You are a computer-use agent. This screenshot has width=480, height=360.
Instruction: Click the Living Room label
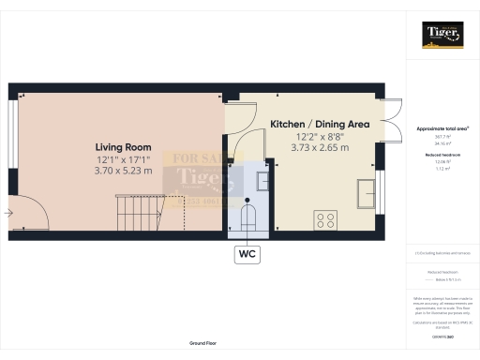pos(123,146)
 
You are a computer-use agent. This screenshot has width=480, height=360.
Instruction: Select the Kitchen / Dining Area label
pos(320,124)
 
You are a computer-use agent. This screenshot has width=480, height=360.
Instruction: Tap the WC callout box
pos(247,254)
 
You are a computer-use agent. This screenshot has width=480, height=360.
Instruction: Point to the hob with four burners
pos(327,221)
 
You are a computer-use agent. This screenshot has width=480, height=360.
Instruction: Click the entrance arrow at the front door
pos(8,214)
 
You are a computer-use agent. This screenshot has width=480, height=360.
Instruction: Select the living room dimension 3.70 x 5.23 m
pos(123,172)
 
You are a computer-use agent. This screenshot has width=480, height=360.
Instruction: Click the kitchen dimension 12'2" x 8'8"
pos(320,136)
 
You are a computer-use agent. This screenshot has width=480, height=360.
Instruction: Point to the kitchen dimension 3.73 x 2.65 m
pos(320,148)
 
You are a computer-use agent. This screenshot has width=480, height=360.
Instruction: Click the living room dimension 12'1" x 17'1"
pos(123,159)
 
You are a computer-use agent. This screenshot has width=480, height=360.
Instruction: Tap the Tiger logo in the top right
pos(442,34)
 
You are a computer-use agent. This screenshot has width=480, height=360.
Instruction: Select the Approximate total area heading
pos(442,127)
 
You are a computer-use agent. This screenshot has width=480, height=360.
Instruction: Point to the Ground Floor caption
pos(203,344)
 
